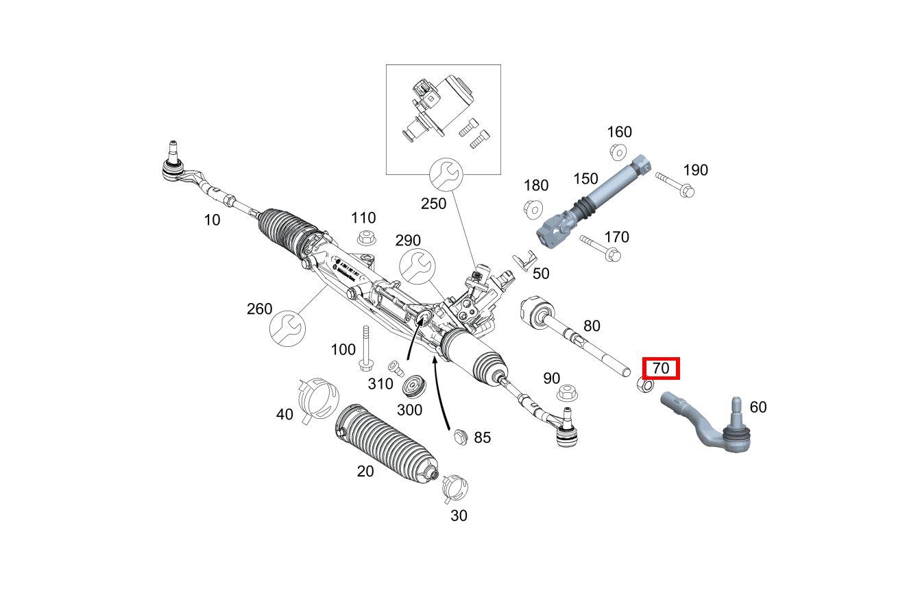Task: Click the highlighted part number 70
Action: click(660, 368)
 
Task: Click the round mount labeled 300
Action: click(414, 386)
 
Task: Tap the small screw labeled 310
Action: click(395, 367)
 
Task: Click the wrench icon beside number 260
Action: click(286, 328)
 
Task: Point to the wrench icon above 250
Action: click(446, 176)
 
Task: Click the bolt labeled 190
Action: click(675, 186)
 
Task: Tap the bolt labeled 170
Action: click(600, 248)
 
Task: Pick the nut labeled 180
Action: click(533, 208)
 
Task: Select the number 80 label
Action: click(592, 326)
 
